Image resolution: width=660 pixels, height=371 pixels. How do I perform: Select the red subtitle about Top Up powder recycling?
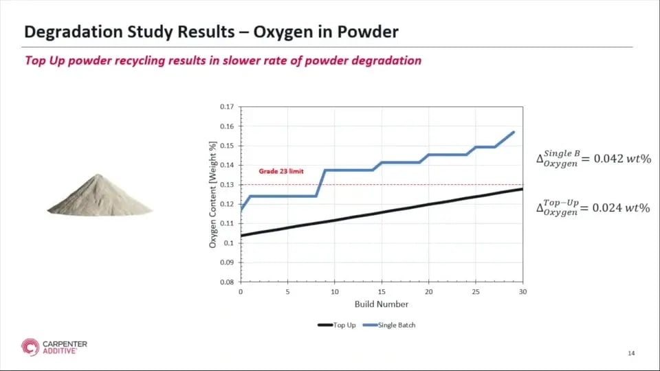[223, 60]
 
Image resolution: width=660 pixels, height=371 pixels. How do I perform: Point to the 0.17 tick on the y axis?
[227, 107]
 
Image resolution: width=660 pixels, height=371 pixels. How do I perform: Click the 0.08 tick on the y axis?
[227, 282]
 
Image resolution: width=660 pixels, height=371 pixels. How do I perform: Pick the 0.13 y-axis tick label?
[227, 185]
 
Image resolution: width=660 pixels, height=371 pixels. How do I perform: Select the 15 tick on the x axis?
[382, 291]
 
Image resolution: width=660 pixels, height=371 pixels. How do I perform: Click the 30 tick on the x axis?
[522, 291]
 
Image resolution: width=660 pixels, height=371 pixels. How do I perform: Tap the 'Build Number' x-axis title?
[382, 304]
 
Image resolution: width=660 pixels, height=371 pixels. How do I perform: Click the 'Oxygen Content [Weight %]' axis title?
[213, 194]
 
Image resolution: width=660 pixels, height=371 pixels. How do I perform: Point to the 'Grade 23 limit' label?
[280, 171]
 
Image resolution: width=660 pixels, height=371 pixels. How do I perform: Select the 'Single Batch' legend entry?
[397, 325]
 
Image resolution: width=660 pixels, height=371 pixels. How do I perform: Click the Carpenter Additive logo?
[54, 347]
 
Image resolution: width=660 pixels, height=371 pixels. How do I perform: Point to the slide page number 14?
[631, 353]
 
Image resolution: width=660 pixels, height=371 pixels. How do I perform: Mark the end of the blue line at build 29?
[514, 132]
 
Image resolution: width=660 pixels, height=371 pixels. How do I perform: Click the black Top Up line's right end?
[522, 189]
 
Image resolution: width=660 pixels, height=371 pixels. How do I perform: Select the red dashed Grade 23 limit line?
[412, 185]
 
